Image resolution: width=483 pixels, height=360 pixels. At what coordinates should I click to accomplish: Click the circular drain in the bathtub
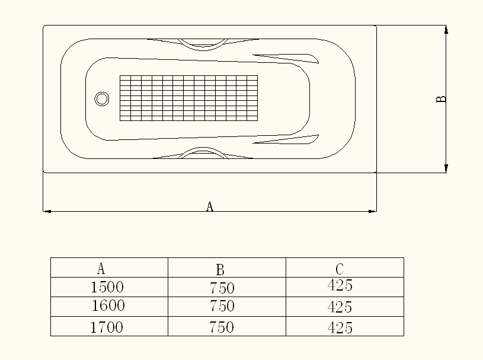tap(102, 99)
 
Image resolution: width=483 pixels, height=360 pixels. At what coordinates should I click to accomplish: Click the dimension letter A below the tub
tap(209, 206)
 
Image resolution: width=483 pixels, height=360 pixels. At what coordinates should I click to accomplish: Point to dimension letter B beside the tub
tap(441, 99)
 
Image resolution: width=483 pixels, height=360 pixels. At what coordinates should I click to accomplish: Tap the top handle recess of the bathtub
tap(203, 44)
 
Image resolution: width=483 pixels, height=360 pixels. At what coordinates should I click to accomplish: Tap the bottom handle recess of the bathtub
tap(203, 154)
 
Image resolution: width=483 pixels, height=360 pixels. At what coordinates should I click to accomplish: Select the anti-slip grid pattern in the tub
tap(188, 98)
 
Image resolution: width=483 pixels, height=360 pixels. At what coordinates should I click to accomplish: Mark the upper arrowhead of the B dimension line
tap(446, 30)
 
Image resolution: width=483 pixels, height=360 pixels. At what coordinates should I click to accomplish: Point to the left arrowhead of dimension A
tap(47, 211)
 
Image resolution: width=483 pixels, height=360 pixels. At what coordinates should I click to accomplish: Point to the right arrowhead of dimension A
tap(372, 211)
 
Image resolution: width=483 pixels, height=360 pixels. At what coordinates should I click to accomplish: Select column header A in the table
tap(101, 268)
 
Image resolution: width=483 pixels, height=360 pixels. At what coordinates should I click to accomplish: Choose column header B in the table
tap(220, 270)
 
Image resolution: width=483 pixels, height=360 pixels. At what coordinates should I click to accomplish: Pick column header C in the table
tap(340, 269)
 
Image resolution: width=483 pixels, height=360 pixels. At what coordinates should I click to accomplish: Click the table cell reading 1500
tap(107, 288)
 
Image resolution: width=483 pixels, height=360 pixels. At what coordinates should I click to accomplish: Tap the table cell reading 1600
tap(108, 306)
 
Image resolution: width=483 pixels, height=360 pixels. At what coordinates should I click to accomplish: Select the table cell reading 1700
tap(107, 327)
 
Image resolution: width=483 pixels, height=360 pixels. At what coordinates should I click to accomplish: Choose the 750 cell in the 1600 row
tap(222, 307)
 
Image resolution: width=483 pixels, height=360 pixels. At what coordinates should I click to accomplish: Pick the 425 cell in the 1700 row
tap(340, 327)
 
